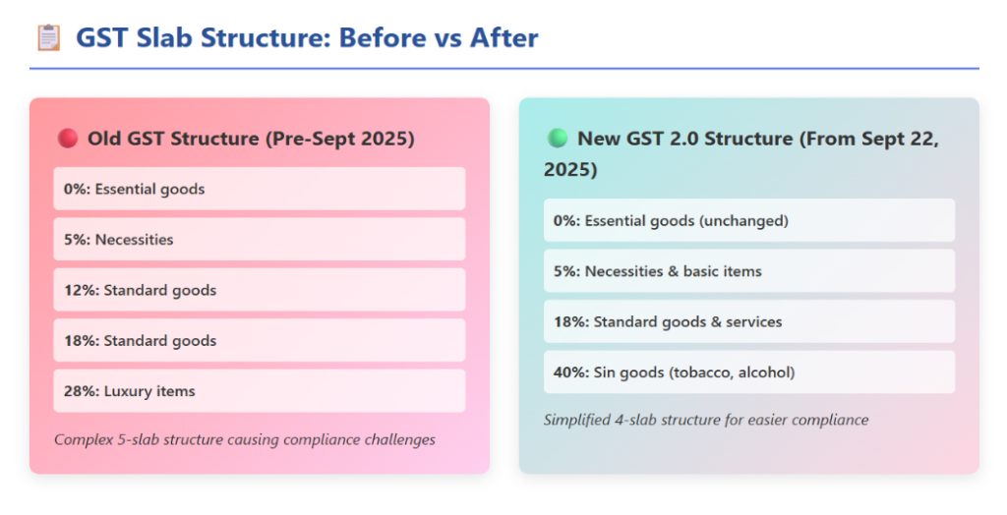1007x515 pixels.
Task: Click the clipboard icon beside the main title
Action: point(48,37)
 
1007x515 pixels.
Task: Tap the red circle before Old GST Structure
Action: point(68,138)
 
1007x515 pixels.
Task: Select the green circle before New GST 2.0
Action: point(558,138)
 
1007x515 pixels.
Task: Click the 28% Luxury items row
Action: point(260,390)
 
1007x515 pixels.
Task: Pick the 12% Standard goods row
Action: point(260,290)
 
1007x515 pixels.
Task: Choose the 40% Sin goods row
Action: point(748,372)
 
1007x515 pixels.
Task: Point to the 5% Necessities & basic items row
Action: point(748,271)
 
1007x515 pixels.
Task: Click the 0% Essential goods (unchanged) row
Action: point(748,220)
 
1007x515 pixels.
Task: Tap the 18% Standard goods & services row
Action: point(748,321)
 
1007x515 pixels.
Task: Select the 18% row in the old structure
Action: point(260,340)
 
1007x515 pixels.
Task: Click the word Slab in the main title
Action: point(164,37)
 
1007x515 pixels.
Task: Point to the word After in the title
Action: point(504,37)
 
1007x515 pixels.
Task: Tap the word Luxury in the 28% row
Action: point(125,391)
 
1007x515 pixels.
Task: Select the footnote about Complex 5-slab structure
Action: point(245,440)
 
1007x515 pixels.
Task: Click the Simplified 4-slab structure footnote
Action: point(706,420)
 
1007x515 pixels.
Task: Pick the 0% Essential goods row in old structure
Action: point(260,189)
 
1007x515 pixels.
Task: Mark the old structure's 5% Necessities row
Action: point(260,239)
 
